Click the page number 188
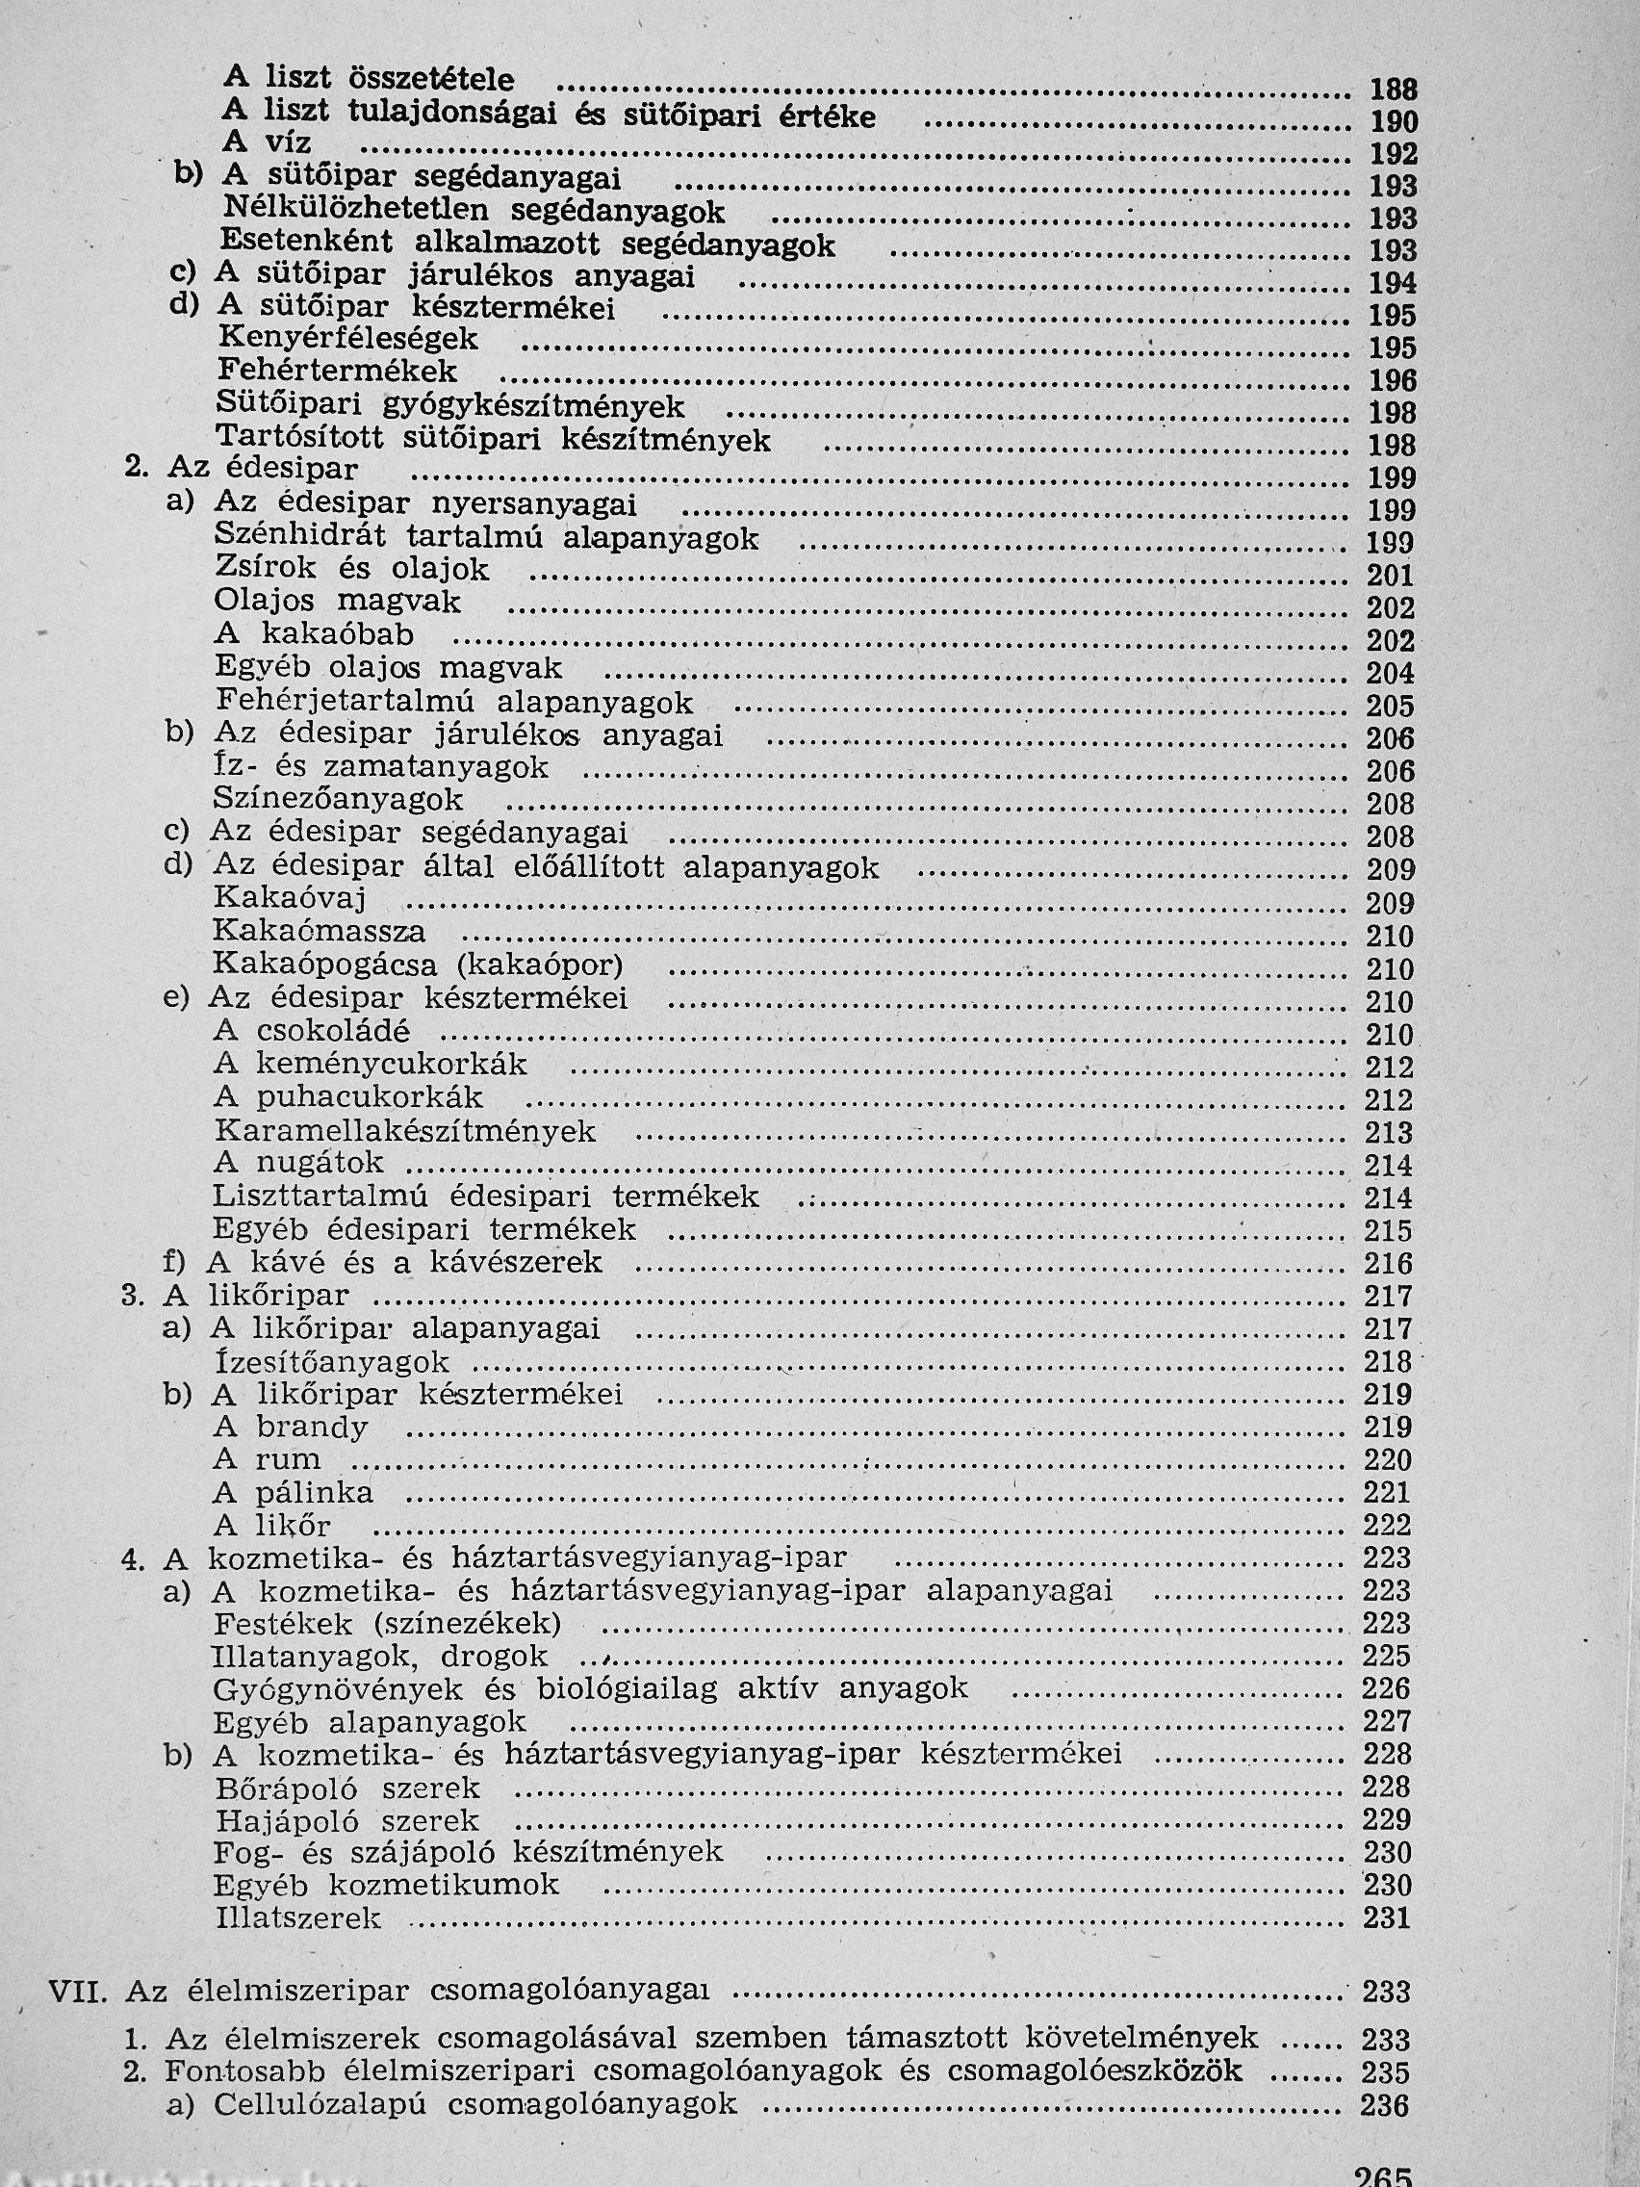click(x=1393, y=89)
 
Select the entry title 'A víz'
click(x=266, y=143)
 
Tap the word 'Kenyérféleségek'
click(x=347, y=339)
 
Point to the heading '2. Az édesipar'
click(x=242, y=468)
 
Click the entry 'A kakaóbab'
click(x=314, y=633)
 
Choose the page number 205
click(x=1390, y=706)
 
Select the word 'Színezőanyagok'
click(x=338, y=799)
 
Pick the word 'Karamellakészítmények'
click(x=404, y=1131)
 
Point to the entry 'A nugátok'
click(x=297, y=1163)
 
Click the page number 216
click(x=1389, y=1264)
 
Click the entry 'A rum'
click(x=267, y=1460)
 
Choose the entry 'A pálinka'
click(x=293, y=1493)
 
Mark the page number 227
click(x=1387, y=1721)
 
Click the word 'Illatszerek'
click(x=297, y=1919)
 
